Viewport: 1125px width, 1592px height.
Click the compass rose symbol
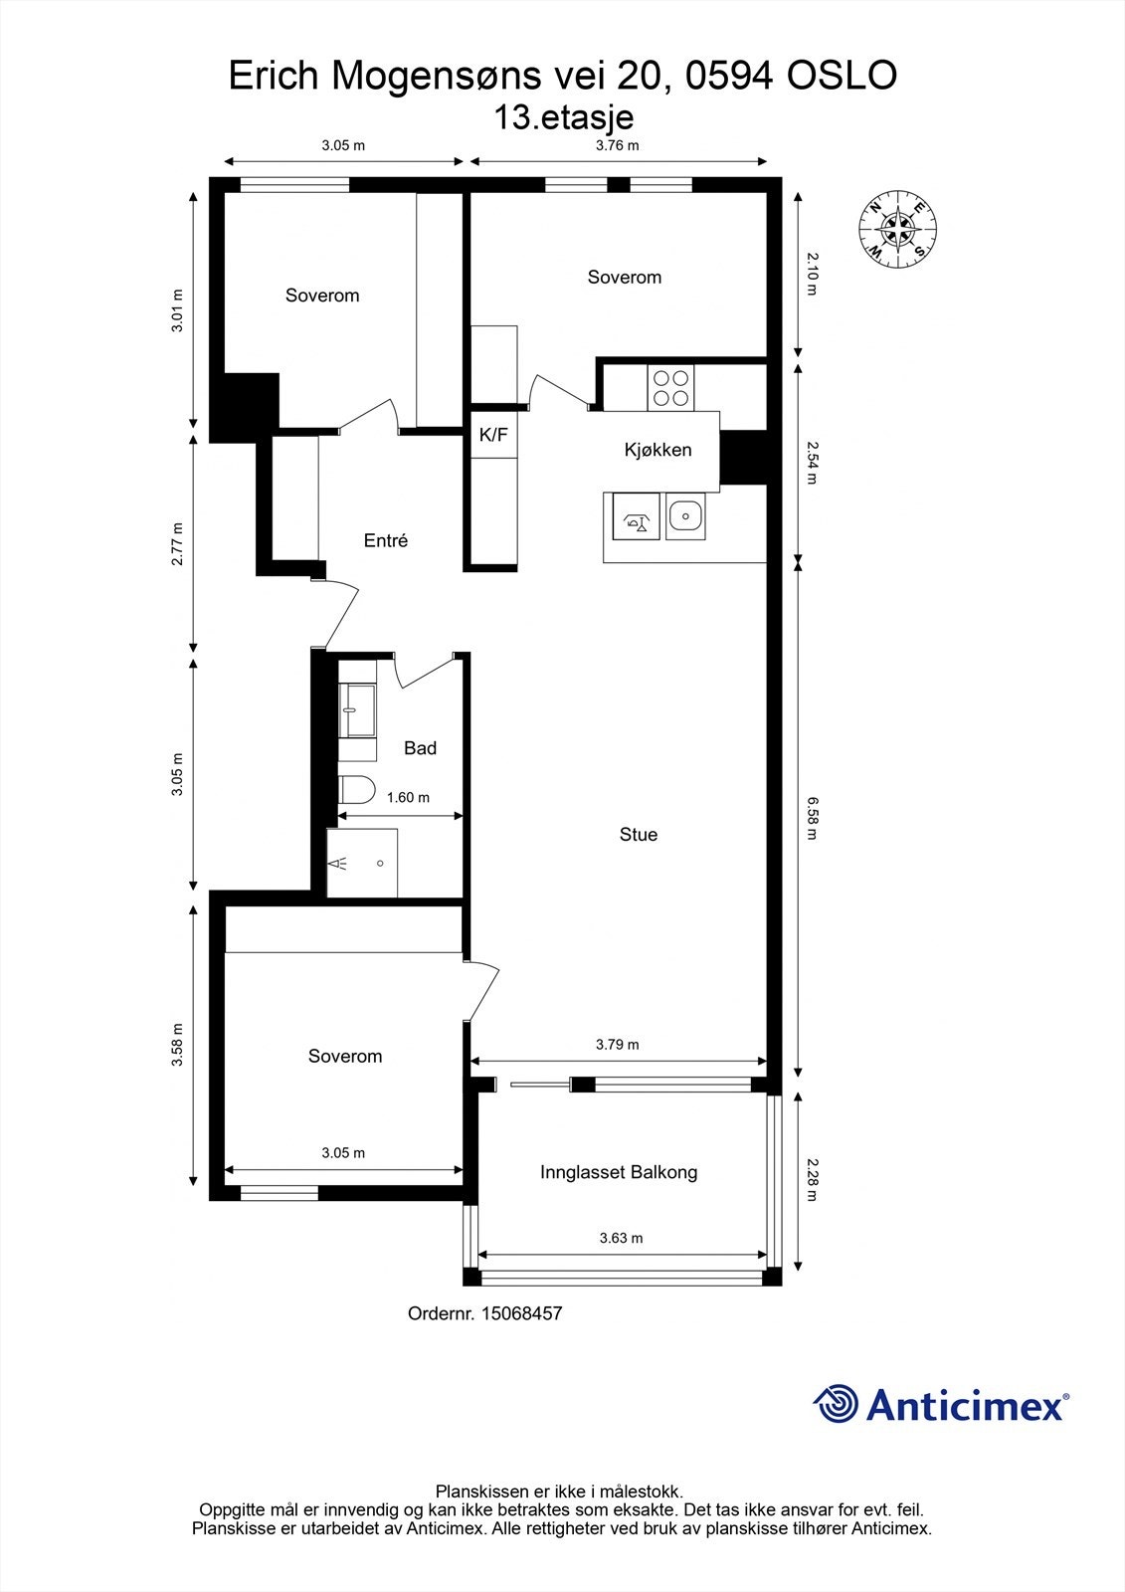tap(898, 228)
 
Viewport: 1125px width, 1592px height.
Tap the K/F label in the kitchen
tap(493, 435)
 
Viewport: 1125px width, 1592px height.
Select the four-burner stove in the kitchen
tap(670, 388)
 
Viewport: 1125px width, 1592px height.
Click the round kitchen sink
tap(684, 516)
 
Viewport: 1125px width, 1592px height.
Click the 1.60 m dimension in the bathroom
tap(408, 797)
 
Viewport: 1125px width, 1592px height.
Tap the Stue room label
tap(638, 835)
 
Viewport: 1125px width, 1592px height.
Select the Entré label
tap(385, 541)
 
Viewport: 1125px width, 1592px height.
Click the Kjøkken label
tap(657, 450)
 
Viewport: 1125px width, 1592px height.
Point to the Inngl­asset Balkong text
tap(618, 1172)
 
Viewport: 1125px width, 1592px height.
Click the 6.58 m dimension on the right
tap(811, 818)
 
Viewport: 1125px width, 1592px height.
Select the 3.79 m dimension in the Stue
tap(617, 1045)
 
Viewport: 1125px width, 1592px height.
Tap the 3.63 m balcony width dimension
tap(621, 1239)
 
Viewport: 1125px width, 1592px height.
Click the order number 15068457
tap(521, 1313)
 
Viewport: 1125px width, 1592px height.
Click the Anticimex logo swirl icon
tap(836, 1404)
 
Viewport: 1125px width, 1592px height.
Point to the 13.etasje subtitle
tap(563, 117)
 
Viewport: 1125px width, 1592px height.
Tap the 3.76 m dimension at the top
tap(617, 145)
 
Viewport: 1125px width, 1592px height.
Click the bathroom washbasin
tap(356, 709)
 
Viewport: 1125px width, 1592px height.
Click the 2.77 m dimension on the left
tap(177, 544)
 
